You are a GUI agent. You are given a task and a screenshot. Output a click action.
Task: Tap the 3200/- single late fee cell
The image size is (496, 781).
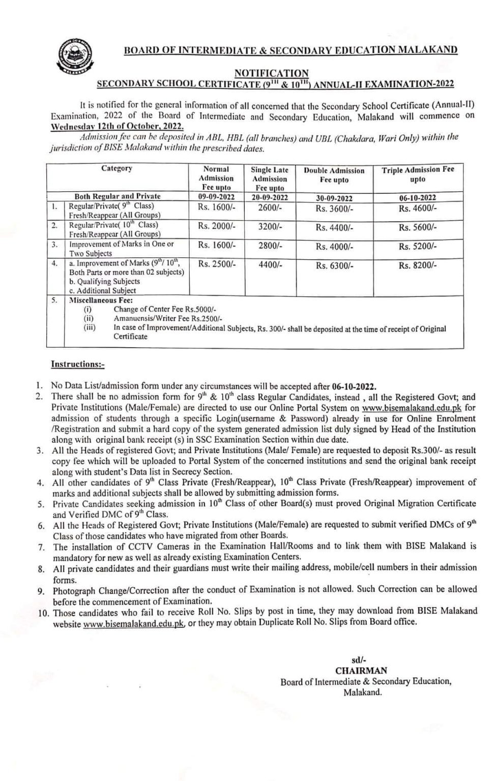tap(270, 227)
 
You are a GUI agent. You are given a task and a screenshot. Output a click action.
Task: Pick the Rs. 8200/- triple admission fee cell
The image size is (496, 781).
tap(418, 265)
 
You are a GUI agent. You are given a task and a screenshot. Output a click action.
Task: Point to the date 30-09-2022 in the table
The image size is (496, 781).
tap(334, 198)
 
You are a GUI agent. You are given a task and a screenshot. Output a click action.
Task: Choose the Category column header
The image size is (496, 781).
tap(116, 168)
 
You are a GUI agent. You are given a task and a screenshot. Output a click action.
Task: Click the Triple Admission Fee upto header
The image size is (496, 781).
tap(418, 174)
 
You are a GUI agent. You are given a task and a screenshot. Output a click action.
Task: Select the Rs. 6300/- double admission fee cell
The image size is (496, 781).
tap(334, 265)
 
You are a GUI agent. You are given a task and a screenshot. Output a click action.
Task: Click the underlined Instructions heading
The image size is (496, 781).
tap(78, 364)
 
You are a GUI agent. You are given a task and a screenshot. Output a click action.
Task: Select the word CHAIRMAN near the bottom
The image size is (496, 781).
tap(361, 671)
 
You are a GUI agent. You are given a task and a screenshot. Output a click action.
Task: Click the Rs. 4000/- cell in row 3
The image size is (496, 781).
tap(334, 247)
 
